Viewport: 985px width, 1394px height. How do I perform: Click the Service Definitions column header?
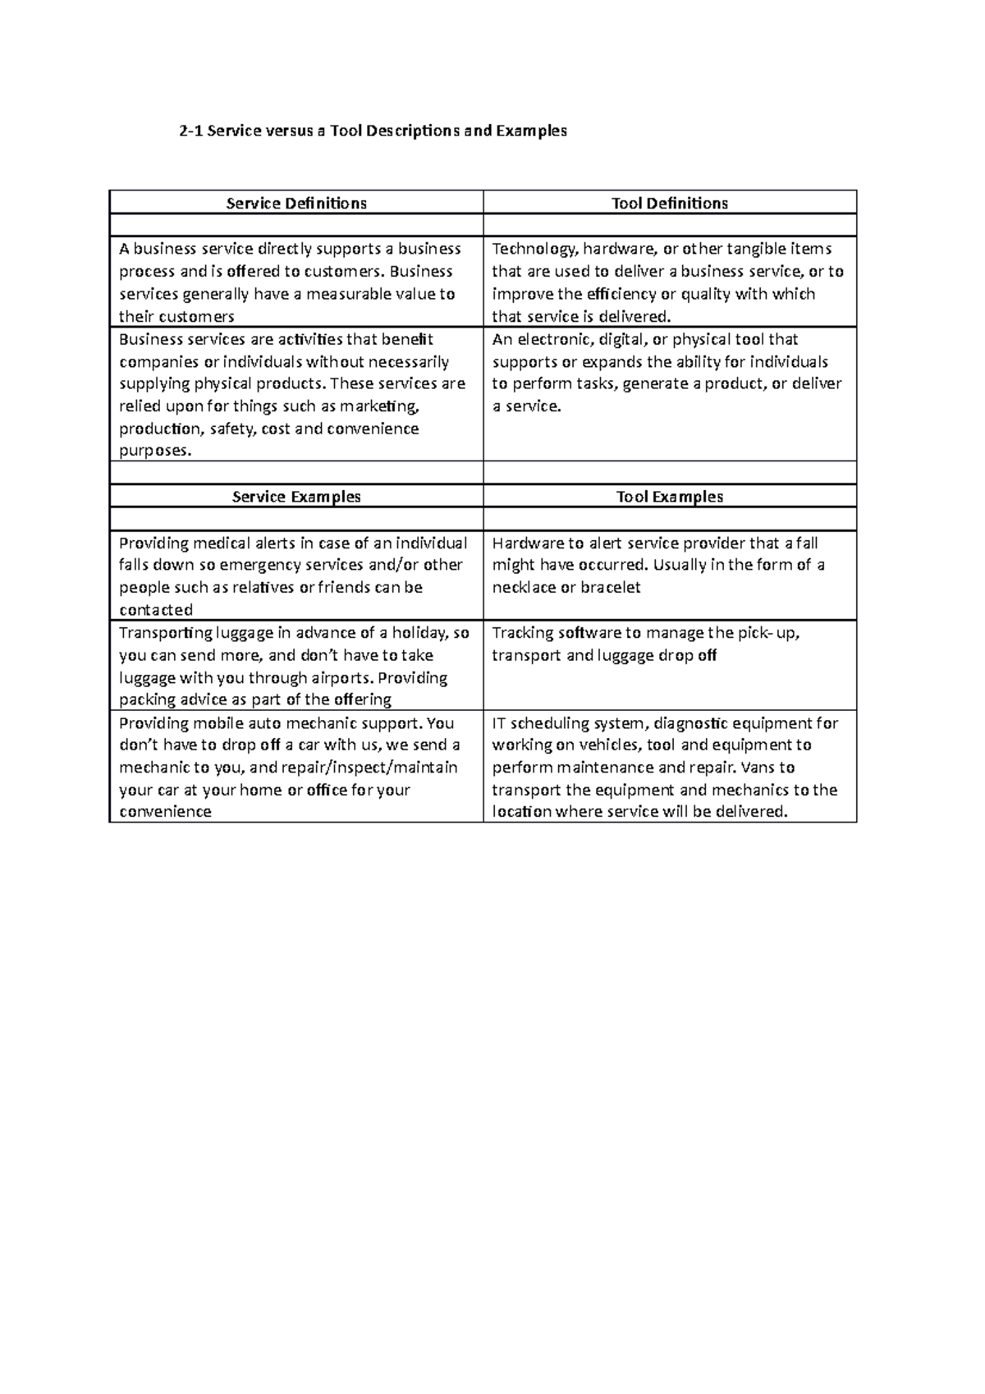point(296,203)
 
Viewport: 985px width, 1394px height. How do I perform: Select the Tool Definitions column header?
point(670,203)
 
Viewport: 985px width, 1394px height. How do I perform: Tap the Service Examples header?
point(296,497)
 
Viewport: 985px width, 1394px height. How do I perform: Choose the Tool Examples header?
point(670,497)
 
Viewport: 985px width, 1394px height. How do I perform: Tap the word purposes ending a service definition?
point(153,451)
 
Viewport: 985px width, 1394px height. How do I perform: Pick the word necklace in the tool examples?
point(523,588)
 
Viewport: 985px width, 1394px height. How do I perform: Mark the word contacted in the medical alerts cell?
point(156,610)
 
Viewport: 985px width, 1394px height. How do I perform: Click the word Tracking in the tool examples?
point(522,633)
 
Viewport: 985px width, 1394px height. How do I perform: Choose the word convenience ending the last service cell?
point(165,812)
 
